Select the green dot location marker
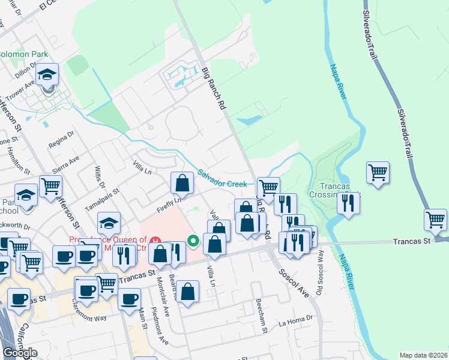coord(193,241)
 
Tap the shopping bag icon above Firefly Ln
coord(181,184)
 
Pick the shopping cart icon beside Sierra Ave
coord(50,187)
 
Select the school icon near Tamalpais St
coord(109,224)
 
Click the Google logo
coord(20,353)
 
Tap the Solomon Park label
coord(23,54)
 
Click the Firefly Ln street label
coord(169,202)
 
